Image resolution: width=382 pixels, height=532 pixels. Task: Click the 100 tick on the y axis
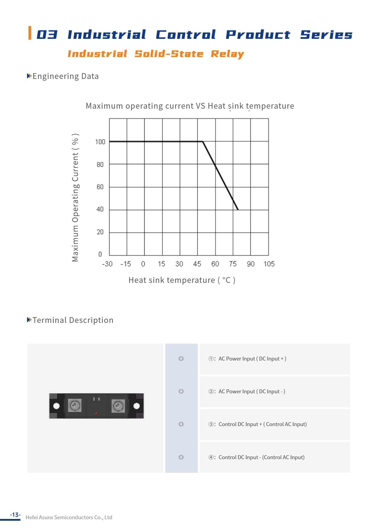tap(100, 142)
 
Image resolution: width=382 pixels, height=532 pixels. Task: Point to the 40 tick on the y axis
tap(100, 209)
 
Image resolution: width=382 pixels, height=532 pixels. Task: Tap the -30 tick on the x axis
tap(107, 264)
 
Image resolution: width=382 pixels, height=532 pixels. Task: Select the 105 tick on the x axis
tap(269, 264)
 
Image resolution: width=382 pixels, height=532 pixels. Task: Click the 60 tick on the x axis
tap(215, 264)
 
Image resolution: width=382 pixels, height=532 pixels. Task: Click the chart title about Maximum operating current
tap(190, 106)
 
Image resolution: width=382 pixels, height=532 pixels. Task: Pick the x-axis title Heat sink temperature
tap(182, 280)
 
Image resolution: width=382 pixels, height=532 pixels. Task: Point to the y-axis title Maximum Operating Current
tap(75, 198)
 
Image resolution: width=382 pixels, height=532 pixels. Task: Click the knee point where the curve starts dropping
tap(203, 141)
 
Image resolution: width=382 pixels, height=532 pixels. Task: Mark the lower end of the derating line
tap(238, 209)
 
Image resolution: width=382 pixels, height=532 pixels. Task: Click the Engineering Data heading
tap(65, 76)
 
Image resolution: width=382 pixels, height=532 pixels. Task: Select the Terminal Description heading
tap(73, 320)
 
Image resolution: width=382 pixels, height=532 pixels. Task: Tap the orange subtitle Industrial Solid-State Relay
tap(156, 54)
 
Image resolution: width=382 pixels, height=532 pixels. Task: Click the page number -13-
tap(15, 515)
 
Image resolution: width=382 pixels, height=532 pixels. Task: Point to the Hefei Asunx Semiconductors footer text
tap(69, 517)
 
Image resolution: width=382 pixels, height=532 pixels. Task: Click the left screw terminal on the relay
tap(74, 405)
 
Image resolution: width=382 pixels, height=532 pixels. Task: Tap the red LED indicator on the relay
tap(96, 414)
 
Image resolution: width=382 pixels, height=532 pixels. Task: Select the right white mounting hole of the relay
tap(137, 406)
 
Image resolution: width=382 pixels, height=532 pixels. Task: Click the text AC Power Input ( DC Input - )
tap(252, 391)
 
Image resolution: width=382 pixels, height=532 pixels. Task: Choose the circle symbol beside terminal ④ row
tap(181, 457)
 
